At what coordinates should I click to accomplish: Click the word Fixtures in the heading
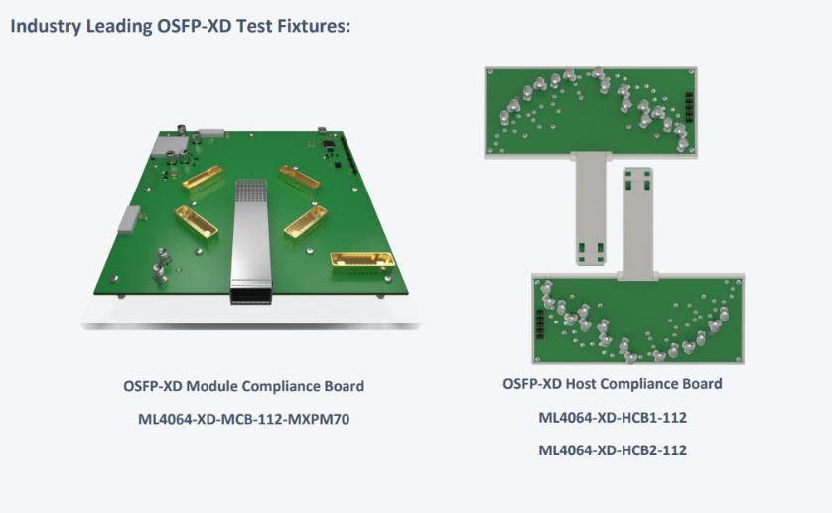(x=314, y=25)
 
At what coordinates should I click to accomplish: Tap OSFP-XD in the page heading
(x=195, y=25)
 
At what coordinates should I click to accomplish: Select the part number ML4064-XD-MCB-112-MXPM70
(x=243, y=419)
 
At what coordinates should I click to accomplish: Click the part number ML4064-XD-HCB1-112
(x=613, y=417)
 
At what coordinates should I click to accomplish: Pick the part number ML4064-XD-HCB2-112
(x=613, y=449)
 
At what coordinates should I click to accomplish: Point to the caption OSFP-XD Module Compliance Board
(x=243, y=386)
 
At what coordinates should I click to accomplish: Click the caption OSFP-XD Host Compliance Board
(x=613, y=384)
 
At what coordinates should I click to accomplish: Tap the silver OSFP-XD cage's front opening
(x=250, y=296)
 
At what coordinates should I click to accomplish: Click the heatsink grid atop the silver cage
(x=250, y=191)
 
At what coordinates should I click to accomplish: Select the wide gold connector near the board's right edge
(x=363, y=261)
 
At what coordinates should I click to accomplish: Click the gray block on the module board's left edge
(x=128, y=220)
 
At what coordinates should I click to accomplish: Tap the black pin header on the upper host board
(x=689, y=106)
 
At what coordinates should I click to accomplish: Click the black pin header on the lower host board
(x=540, y=323)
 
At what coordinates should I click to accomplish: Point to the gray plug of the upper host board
(x=591, y=209)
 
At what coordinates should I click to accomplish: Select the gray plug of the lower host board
(x=637, y=223)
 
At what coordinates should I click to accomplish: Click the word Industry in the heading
(x=46, y=25)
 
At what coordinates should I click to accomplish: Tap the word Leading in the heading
(x=119, y=25)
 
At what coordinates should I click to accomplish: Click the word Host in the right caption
(x=581, y=384)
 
